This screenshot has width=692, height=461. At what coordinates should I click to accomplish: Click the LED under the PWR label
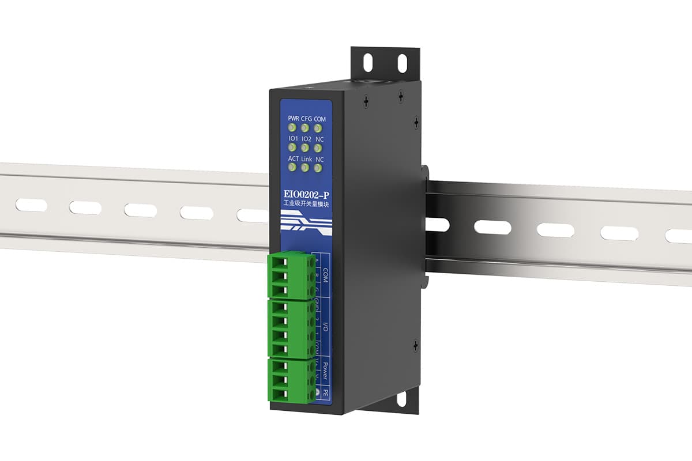point(292,128)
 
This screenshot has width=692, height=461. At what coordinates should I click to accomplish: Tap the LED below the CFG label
point(305,128)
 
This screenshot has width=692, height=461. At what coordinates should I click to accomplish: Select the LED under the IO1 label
point(292,148)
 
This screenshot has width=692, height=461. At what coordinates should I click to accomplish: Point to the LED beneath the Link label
point(305,168)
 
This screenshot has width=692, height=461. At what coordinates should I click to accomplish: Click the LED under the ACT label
point(292,168)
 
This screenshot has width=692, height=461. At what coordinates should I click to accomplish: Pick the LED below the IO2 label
point(305,148)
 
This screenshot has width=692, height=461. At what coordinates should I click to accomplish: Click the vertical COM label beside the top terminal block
point(325,274)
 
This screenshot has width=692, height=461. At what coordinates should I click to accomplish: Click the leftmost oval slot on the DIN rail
point(31,203)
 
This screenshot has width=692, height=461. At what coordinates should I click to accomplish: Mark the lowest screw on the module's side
point(415,347)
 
